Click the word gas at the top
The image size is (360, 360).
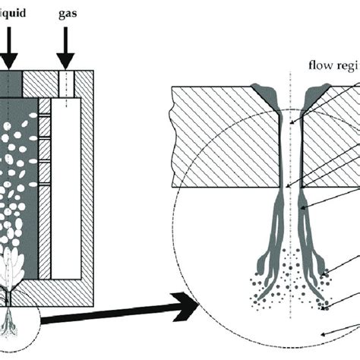pyautogui.click(x=69, y=14)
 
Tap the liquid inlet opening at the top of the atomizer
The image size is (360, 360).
pyautogui.click(x=14, y=82)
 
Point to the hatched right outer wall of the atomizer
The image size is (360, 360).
pyautogui.click(x=87, y=190)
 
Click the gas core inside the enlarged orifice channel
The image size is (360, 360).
pyautogui.click(x=292, y=152)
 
